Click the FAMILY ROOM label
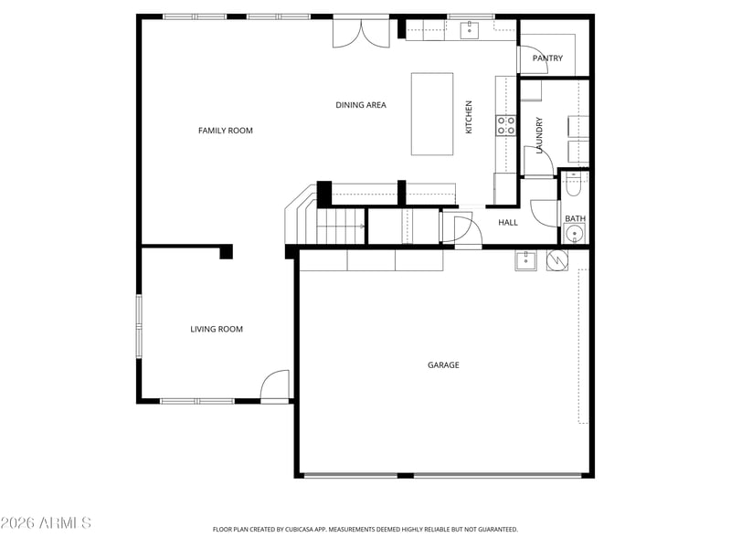(x=225, y=131)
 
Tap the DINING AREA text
(x=361, y=105)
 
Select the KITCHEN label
(x=469, y=117)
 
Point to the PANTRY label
(x=547, y=58)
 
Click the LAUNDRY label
(x=539, y=135)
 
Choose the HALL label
(x=508, y=222)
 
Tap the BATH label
(x=576, y=218)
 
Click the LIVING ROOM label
(x=217, y=329)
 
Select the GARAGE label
(x=443, y=364)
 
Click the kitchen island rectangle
(x=432, y=113)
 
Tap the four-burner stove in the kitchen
(x=506, y=125)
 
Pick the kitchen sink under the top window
(x=470, y=30)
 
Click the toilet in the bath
(x=573, y=184)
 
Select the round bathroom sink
(x=575, y=233)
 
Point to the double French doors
(x=361, y=33)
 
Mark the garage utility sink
(x=525, y=260)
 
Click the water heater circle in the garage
(x=557, y=260)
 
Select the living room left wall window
(x=139, y=326)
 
